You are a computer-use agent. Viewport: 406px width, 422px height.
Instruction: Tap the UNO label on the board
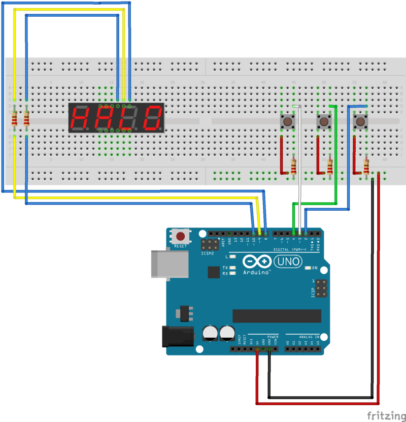tap(288, 262)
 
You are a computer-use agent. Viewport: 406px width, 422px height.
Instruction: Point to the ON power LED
tap(308, 268)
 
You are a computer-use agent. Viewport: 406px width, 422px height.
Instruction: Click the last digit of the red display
tap(153, 119)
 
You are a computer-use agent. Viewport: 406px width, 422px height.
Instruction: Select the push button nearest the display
tap(288, 121)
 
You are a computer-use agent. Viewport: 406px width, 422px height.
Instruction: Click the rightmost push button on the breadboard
tap(360, 121)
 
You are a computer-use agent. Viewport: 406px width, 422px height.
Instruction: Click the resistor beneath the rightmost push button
tap(366, 166)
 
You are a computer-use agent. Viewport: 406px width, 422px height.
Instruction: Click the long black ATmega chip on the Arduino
tap(277, 316)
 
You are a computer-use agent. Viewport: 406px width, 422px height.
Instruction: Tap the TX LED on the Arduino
tap(232, 268)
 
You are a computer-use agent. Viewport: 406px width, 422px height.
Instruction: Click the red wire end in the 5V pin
tap(257, 349)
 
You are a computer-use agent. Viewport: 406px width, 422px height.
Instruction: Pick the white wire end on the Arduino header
tap(299, 232)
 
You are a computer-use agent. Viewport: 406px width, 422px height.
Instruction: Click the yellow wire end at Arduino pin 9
tap(260, 232)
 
